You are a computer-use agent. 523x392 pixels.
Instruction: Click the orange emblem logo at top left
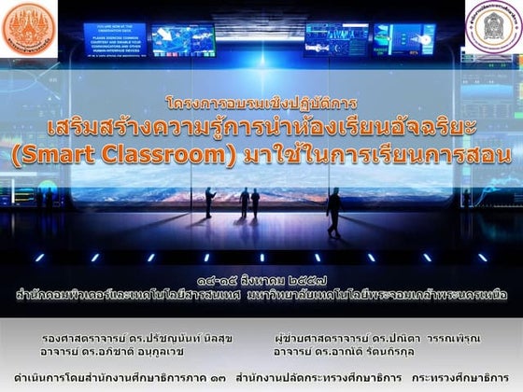(x=29, y=29)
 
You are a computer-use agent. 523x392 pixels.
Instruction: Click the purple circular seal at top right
(x=494, y=28)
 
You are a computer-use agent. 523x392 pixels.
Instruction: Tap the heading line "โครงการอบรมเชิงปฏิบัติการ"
(x=261, y=102)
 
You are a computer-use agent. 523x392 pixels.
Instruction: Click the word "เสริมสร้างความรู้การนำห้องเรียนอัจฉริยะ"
(x=262, y=126)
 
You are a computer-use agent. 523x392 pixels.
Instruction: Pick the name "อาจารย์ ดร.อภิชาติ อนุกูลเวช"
(x=121, y=352)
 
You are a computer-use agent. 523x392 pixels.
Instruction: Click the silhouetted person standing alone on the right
(x=334, y=209)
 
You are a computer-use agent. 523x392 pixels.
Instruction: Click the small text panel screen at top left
(x=114, y=39)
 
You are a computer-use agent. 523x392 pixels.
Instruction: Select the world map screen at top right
(x=404, y=38)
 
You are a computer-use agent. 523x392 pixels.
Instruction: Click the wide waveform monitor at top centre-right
(x=335, y=39)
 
